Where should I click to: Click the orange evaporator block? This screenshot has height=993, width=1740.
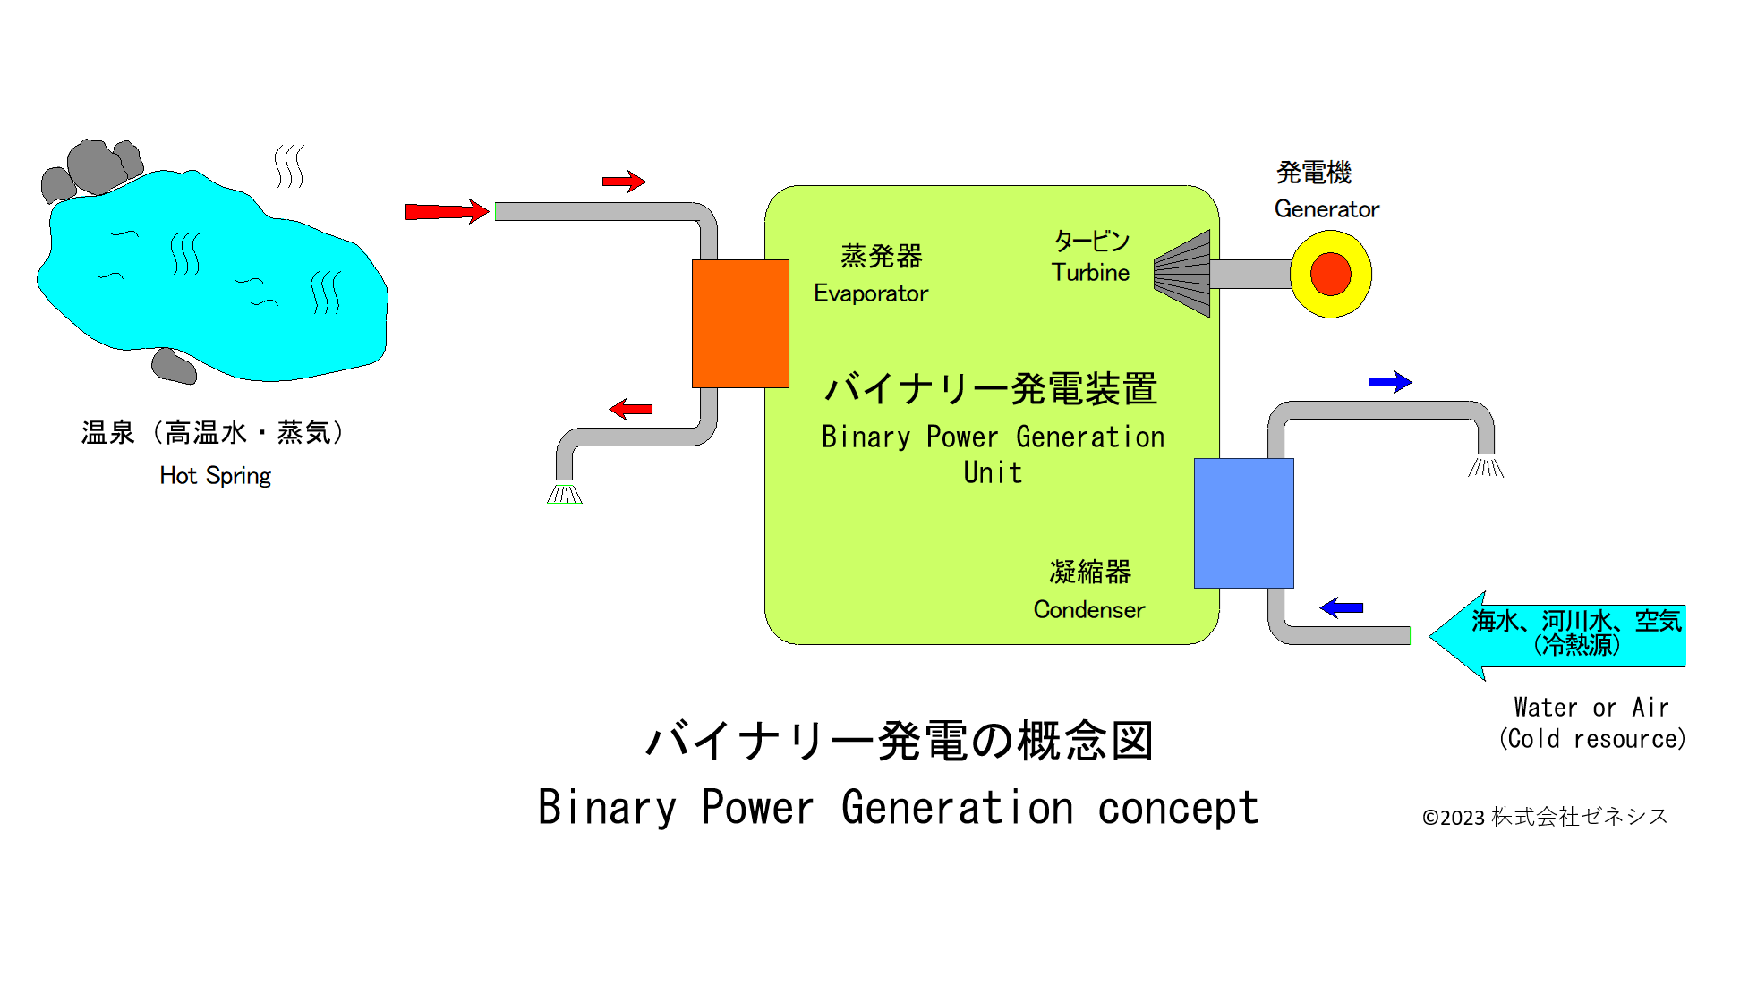740,323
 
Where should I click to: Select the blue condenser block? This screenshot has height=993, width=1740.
1243,523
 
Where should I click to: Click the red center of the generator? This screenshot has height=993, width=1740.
1330,274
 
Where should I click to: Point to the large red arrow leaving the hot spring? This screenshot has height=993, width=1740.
446,211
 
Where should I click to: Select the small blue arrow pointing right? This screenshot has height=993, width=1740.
1389,382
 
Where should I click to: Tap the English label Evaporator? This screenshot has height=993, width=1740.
871,293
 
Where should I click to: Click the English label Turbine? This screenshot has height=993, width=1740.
1090,273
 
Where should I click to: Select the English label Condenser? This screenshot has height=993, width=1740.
1088,610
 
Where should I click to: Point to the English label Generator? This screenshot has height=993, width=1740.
1326,209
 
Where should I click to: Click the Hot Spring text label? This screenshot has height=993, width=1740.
215,476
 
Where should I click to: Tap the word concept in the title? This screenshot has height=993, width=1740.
1178,808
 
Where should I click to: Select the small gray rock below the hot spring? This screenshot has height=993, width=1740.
174,366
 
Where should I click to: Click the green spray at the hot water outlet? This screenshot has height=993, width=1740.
565,494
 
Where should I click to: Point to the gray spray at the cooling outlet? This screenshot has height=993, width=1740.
1486,467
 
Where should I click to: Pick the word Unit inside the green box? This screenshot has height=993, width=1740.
993,472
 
